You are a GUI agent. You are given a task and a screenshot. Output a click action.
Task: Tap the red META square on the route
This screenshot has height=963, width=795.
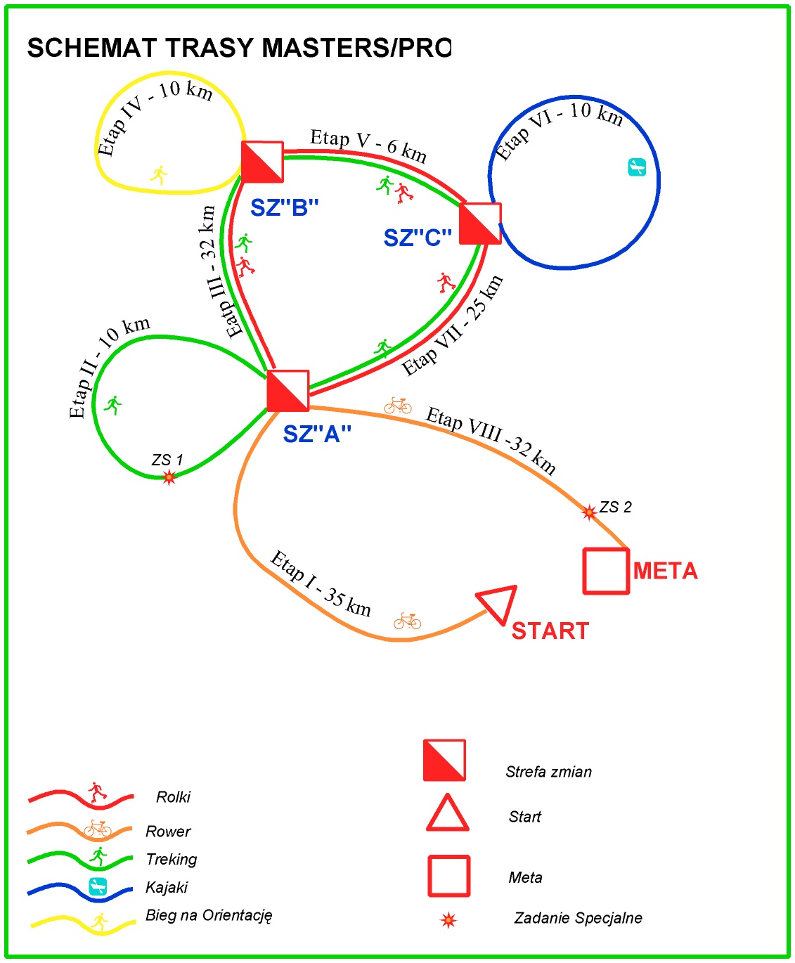606,571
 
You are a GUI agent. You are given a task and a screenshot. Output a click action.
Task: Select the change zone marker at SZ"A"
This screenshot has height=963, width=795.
288,391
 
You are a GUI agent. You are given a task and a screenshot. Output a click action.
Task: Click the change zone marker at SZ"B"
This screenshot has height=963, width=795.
262,162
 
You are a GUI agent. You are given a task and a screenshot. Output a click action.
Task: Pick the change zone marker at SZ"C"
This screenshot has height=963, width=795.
480,224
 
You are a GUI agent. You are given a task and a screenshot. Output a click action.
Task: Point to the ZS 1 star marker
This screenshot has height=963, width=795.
169,478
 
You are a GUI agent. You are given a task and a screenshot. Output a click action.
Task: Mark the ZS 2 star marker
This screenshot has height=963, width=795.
589,512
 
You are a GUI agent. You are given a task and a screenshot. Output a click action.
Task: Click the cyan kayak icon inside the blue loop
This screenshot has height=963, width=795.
636,167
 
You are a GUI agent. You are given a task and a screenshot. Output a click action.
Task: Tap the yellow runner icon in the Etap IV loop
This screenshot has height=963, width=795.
160,174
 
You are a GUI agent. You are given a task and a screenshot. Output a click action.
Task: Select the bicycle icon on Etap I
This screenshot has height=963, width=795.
407,621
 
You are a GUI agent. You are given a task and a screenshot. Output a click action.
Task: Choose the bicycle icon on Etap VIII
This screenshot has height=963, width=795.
398,406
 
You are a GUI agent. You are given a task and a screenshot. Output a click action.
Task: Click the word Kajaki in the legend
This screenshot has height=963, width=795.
167,887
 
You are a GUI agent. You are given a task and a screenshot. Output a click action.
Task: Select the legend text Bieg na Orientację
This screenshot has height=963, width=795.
209,915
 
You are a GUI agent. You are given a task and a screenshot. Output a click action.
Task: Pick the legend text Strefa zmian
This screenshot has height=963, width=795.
548,772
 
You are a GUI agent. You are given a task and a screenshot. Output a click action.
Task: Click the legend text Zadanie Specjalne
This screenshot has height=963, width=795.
578,918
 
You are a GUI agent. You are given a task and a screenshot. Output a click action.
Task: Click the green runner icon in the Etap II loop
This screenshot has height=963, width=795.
112,405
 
